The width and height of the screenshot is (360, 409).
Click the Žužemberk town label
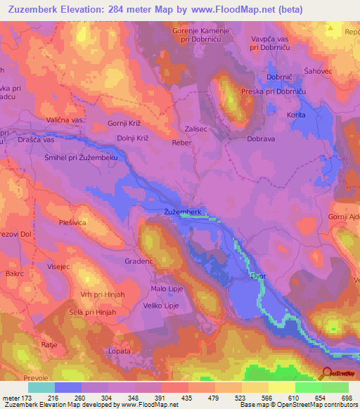pos(183,211)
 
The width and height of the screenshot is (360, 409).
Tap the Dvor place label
pos(258,278)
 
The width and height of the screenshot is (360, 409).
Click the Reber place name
pos(181,142)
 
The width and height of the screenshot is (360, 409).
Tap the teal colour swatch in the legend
pos(41,387)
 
